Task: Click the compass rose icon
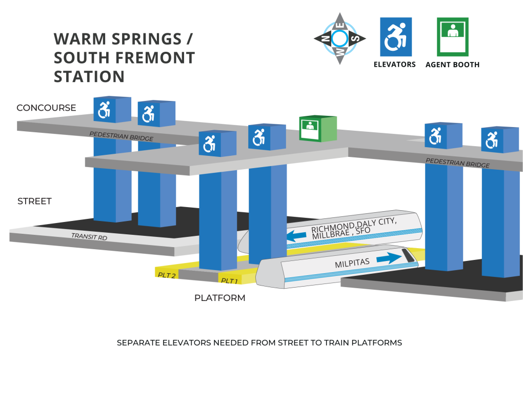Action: [x=340, y=38]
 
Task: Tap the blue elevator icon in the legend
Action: [x=396, y=37]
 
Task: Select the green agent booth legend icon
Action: [x=453, y=37]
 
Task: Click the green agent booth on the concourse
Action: [x=318, y=129]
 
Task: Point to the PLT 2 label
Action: [x=167, y=275]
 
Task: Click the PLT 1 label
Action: [x=230, y=281]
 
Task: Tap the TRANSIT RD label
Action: [x=89, y=236]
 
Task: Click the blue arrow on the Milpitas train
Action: [x=389, y=258]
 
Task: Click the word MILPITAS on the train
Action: [x=352, y=263]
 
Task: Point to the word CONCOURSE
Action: [x=46, y=108]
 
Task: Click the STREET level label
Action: [x=35, y=201]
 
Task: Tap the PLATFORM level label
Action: [x=220, y=298]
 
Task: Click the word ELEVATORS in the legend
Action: [x=395, y=65]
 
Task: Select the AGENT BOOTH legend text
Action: [x=452, y=65]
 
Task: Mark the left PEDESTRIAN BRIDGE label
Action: [x=122, y=136]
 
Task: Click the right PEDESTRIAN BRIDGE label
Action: [x=457, y=163]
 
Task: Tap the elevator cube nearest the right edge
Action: [x=500, y=139]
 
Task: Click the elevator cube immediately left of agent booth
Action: [x=267, y=137]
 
